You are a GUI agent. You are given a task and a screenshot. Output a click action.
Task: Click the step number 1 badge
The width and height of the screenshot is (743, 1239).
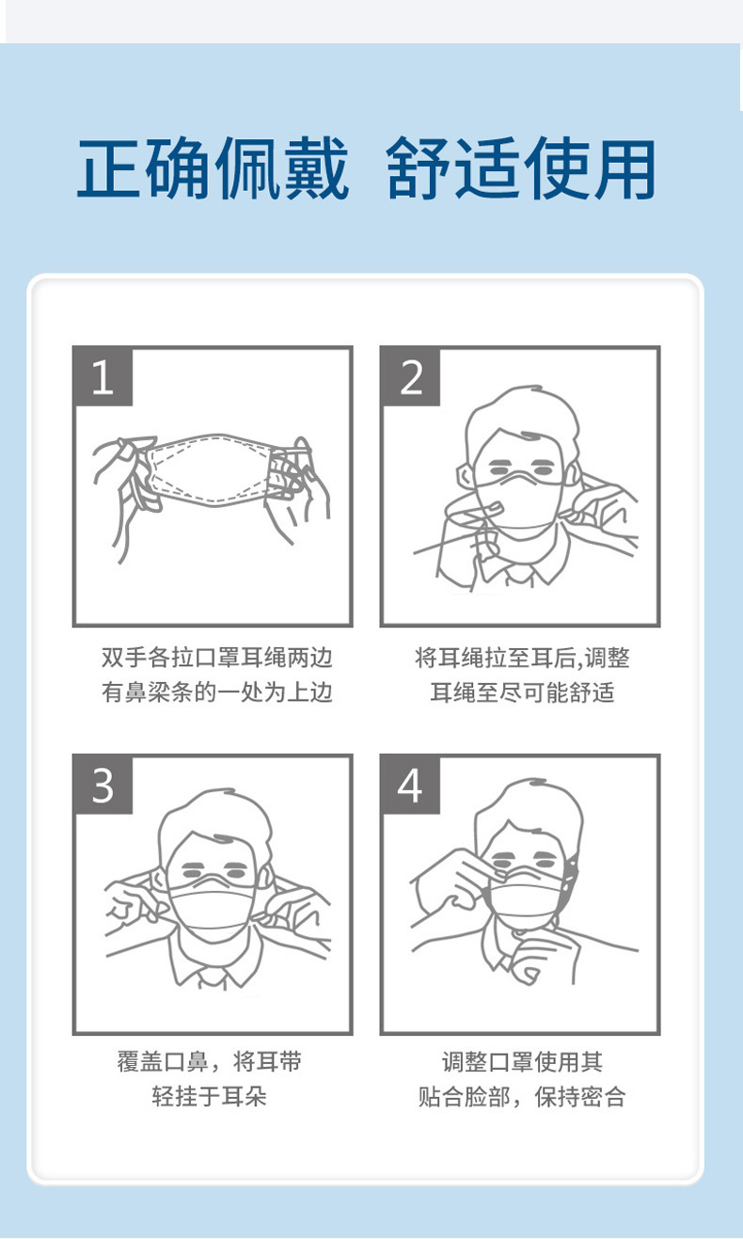tap(103, 376)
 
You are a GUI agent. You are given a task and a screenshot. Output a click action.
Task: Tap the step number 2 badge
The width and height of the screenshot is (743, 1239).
tap(410, 376)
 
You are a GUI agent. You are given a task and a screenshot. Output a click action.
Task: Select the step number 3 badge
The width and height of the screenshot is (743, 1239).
tap(103, 785)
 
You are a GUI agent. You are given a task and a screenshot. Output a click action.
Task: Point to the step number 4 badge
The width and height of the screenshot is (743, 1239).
tap(410, 785)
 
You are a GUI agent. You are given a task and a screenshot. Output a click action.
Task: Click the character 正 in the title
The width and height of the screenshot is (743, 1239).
tap(109, 168)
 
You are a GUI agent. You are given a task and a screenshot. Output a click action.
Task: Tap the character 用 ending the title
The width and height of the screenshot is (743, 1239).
tap(624, 168)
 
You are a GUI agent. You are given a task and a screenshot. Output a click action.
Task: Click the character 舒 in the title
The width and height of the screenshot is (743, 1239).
tap(418, 168)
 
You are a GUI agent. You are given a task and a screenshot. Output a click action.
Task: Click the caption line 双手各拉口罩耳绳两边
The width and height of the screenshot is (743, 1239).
tap(216, 657)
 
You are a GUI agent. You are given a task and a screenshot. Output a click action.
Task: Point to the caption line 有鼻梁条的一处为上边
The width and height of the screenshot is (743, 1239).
tap(216, 692)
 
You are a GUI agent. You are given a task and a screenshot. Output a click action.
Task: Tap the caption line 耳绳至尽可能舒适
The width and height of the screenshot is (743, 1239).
tap(522, 692)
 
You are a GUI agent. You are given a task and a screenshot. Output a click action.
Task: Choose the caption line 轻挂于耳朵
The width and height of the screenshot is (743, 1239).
tap(209, 1096)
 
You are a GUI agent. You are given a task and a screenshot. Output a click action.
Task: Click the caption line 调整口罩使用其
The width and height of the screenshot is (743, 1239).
tap(522, 1061)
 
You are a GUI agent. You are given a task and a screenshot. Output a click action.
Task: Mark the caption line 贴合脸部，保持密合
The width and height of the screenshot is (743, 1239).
tap(522, 1096)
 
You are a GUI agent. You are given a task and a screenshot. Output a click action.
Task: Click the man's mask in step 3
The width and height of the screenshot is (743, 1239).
tap(212, 908)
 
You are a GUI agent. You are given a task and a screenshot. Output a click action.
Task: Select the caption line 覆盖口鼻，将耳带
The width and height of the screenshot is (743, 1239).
tap(209, 1061)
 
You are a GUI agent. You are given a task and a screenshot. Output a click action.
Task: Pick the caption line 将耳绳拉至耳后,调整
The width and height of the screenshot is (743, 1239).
tap(522, 657)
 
